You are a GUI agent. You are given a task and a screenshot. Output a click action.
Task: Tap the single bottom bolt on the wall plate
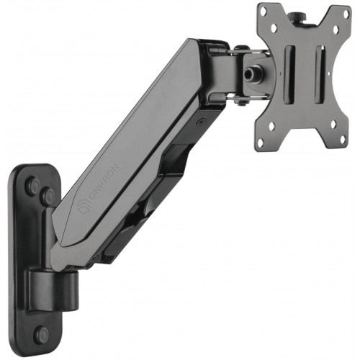(x=41, y=333)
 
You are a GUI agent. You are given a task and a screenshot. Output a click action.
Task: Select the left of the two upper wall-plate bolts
(x=33, y=186)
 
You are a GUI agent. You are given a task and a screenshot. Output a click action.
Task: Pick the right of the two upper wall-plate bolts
(x=48, y=196)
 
